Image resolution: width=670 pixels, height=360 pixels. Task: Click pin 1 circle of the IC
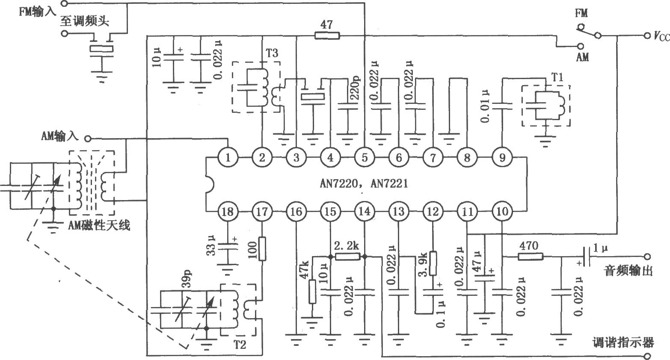coord(228,158)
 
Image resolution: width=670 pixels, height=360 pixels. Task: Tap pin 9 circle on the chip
coord(501,158)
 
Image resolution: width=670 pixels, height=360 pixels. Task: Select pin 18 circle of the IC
coord(228,211)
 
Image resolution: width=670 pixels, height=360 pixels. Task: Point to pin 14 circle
coord(365,211)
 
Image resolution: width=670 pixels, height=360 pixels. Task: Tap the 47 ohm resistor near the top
coord(327,36)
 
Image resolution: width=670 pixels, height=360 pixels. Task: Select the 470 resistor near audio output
coord(531,257)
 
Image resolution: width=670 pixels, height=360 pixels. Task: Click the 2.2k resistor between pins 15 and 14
coord(347,257)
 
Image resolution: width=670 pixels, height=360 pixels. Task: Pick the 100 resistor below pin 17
coord(262,248)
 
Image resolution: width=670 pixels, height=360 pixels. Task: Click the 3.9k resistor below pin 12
coord(433,263)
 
